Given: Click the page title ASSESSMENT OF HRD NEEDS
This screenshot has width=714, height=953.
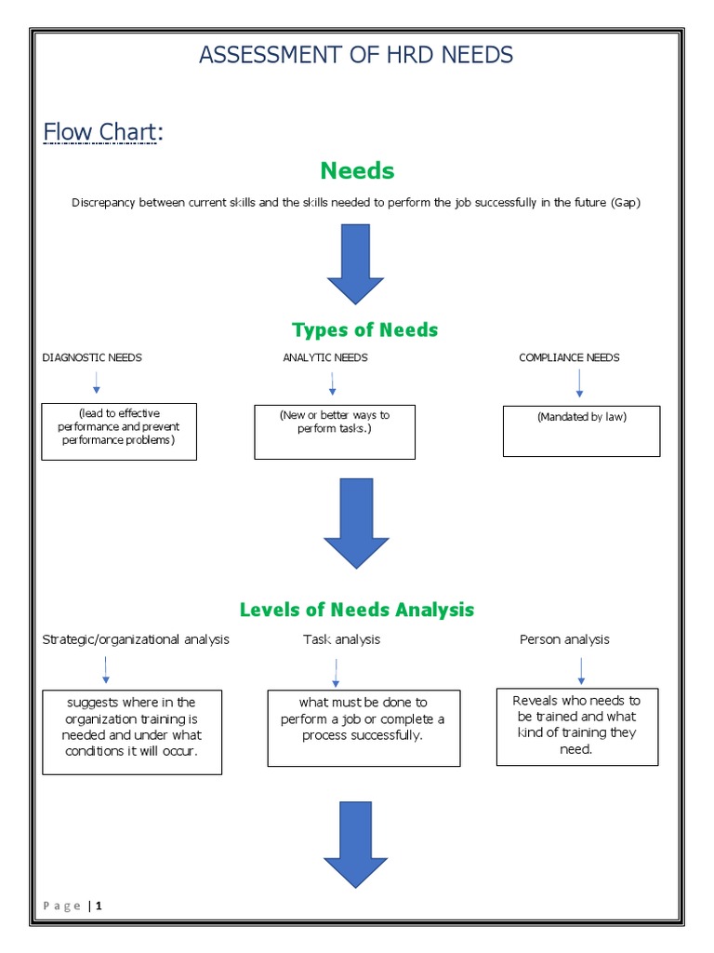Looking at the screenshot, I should click(x=356, y=55).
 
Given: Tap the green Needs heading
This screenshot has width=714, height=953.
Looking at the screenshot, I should click(x=357, y=170).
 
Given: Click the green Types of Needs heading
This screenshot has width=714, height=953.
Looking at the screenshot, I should click(x=364, y=329).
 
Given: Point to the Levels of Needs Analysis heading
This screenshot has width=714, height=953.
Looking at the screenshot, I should click(x=357, y=610).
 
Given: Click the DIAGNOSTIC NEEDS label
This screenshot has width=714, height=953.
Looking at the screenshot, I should click(x=92, y=357).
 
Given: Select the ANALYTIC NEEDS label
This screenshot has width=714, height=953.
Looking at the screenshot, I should click(x=325, y=357).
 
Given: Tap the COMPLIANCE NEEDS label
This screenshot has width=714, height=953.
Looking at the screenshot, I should click(x=569, y=357).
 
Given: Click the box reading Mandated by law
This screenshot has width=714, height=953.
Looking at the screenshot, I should click(x=581, y=431).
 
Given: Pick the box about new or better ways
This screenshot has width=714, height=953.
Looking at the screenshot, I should click(x=335, y=432).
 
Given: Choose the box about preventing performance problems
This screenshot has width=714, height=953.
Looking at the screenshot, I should click(x=119, y=431).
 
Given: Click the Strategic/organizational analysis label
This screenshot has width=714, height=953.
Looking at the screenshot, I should click(x=136, y=639).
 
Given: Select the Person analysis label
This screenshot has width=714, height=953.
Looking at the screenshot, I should click(x=564, y=639).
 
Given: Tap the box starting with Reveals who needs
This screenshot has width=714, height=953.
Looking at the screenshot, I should click(x=576, y=727).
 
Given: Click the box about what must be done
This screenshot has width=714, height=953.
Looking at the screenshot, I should click(x=364, y=728).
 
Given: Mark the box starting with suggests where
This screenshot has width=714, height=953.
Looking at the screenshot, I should click(x=132, y=732).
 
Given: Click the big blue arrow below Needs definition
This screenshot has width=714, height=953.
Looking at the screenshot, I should click(x=355, y=263).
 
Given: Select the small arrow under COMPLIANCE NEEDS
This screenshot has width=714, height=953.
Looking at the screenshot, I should click(x=579, y=383).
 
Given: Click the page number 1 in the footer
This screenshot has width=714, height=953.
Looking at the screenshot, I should click(x=99, y=906).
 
